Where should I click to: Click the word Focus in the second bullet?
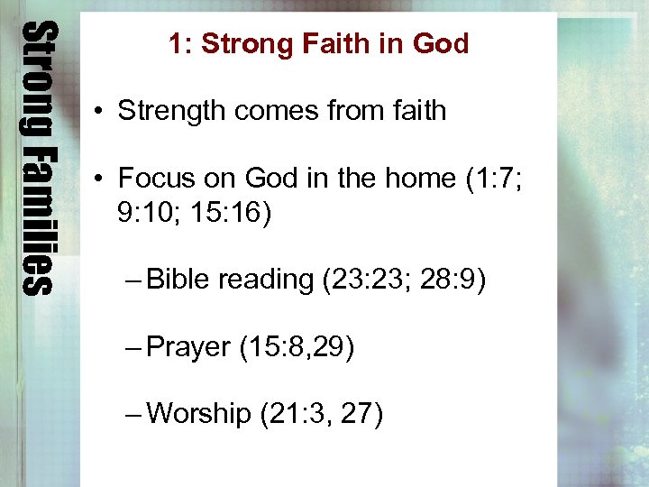pyautogui.click(x=154, y=178)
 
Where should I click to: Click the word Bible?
pyautogui.click(x=178, y=280)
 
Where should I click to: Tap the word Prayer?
pyautogui.click(x=188, y=347)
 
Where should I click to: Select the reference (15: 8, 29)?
pyautogui.click(x=297, y=347)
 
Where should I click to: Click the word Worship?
pyautogui.click(x=198, y=414)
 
